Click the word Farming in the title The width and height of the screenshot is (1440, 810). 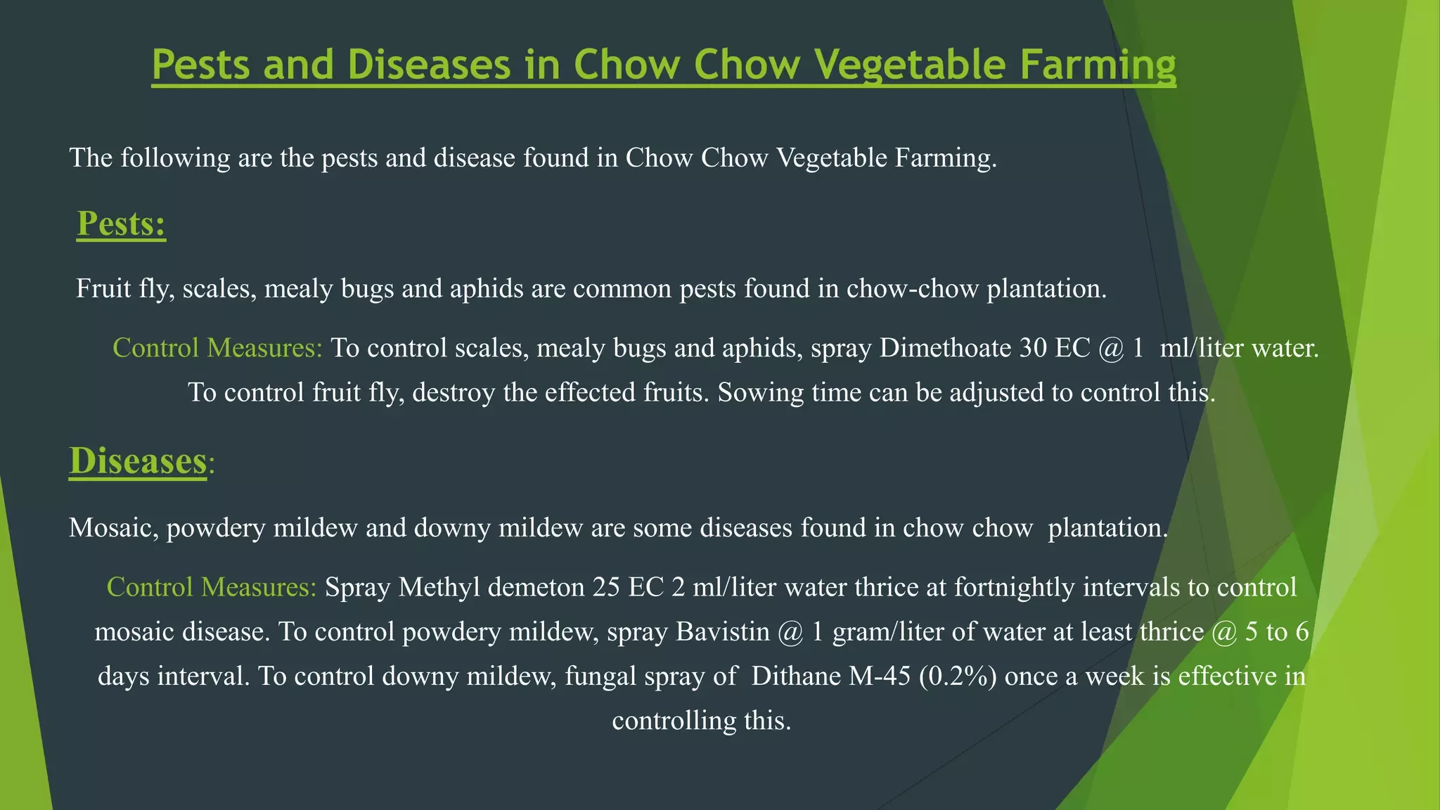(1098, 65)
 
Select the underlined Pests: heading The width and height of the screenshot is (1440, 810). (121, 224)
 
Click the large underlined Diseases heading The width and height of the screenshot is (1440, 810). (138, 461)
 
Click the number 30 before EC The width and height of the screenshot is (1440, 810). (1033, 348)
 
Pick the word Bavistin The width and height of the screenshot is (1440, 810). (723, 631)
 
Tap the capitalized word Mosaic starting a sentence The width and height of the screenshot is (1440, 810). (113, 528)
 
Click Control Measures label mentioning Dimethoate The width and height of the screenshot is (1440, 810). (217, 348)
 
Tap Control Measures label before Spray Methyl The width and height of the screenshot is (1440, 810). (212, 587)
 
